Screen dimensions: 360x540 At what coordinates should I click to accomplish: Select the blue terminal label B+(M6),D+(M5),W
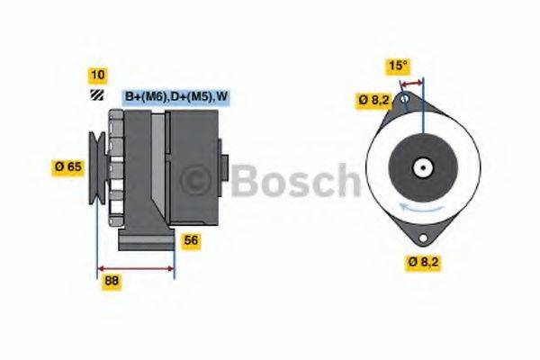(x=175, y=97)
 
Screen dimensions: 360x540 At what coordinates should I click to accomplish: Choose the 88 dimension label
(x=112, y=281)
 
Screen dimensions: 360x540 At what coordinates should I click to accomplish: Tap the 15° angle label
(x=398, y=65)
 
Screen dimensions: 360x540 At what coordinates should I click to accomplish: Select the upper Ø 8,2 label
(x=373, y=100)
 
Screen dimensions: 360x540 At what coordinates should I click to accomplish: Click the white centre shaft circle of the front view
(x=421, y=167)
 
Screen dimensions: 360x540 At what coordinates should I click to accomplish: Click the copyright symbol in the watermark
(x=200, y=180)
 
